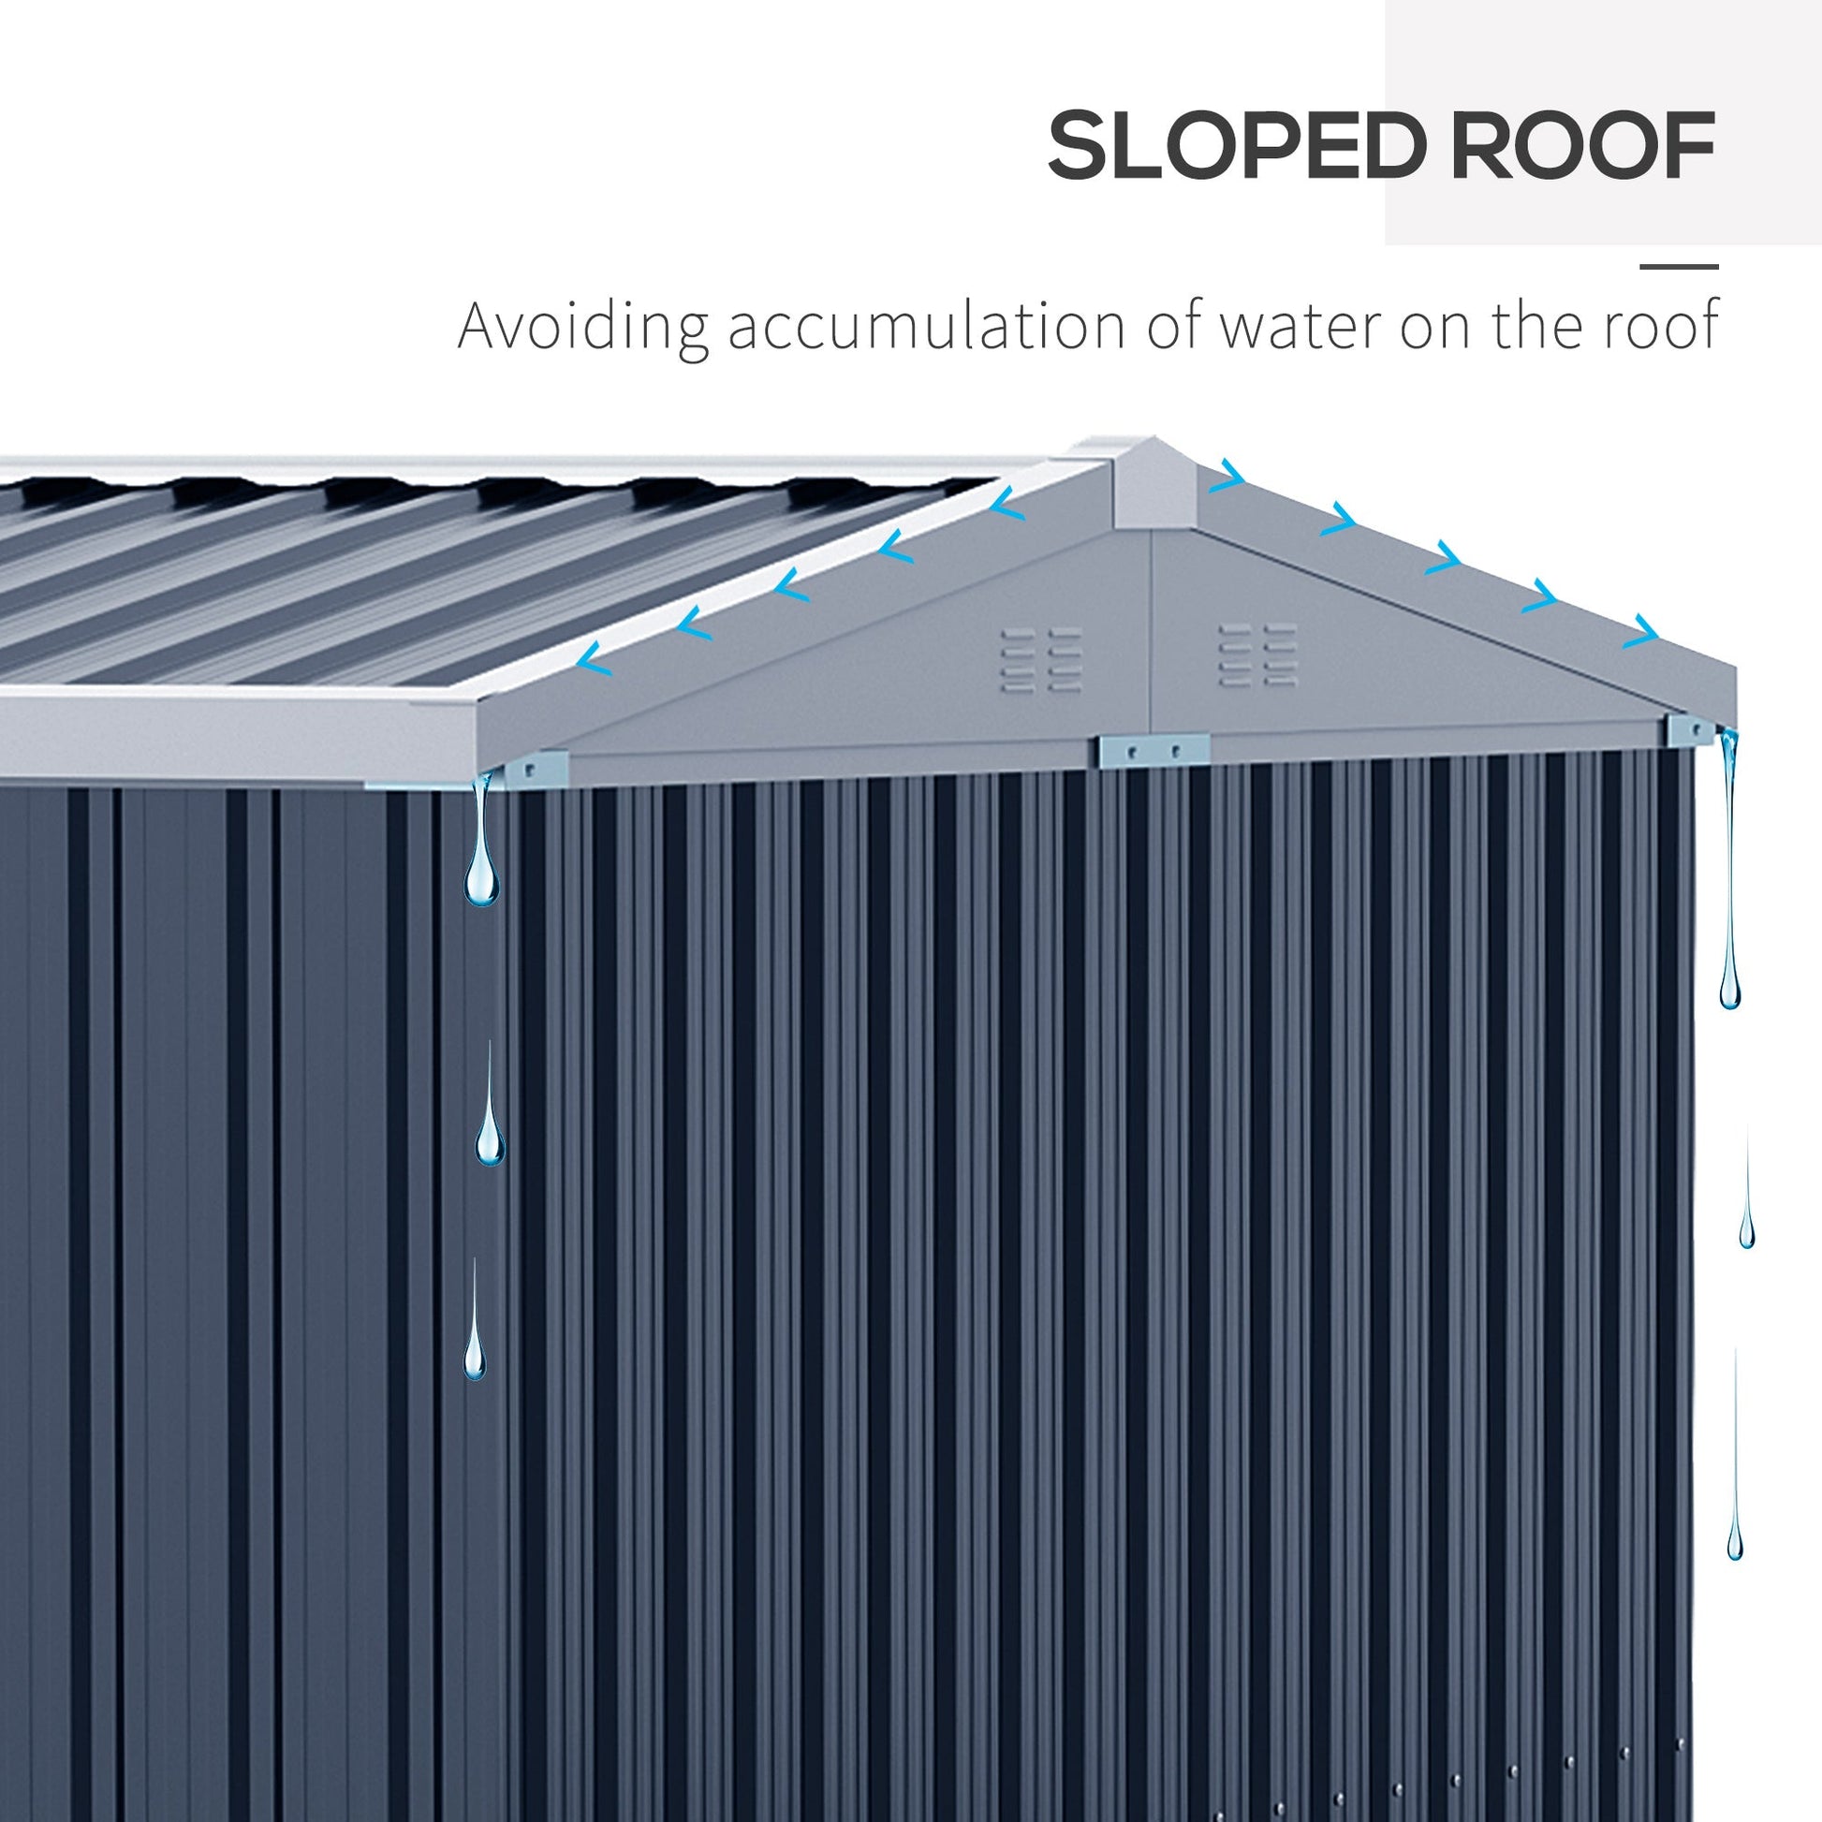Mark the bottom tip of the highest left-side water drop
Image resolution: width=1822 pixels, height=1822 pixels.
(x=481, y=906)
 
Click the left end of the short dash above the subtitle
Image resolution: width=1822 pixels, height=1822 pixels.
(x=1640, y=268)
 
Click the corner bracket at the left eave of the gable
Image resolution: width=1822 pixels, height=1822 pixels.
(x=536, y=769)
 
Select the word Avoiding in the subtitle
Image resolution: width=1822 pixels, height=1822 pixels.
(x=582, y=327)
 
